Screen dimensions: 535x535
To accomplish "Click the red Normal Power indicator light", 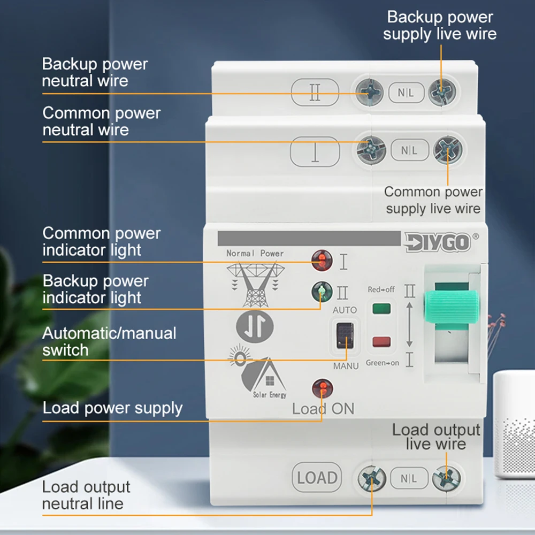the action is pos(322,261).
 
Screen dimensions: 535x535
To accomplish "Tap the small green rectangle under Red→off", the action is pos(381,308).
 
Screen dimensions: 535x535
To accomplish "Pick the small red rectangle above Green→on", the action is pos(381,341).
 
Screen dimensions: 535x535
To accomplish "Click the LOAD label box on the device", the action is pos(317,477).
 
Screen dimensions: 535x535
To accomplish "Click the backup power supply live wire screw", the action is pos(441,92).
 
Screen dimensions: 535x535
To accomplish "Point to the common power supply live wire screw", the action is pos(447,149).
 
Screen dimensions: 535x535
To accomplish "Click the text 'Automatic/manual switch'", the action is pos(109,341).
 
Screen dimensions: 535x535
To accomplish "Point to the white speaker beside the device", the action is pos(514,423).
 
